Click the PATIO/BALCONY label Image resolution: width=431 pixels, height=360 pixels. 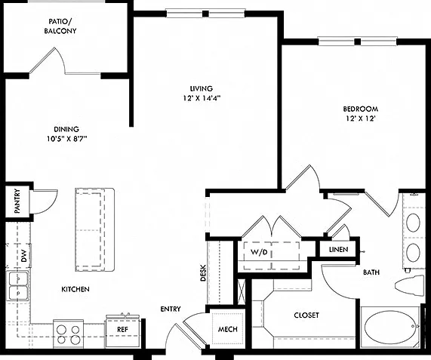point(60,26)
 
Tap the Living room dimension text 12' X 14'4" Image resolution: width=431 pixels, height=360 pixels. point(202,98)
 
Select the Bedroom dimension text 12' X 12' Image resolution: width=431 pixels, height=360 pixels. point(361,118)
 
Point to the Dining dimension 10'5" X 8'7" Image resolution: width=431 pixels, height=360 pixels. point(66,139)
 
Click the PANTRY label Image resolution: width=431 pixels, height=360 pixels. point(17,201)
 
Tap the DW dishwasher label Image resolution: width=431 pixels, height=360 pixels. point(24,255)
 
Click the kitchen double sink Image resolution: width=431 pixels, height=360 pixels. point(17,285)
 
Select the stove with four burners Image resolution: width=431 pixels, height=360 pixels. point(68,334)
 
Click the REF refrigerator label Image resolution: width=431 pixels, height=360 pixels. point(122,329)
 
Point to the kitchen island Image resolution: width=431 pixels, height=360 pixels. point(94,229)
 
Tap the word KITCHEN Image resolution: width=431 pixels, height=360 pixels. point(75,289)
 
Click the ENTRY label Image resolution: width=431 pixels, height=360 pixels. point(171,309)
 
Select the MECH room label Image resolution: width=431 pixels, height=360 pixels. point(228,329)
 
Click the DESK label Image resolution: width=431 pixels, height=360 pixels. point(203,273)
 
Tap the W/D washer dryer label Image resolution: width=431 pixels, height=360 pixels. point(259,252)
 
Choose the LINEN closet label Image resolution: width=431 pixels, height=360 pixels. point(339,250)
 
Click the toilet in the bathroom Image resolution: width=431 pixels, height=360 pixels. point(410,285)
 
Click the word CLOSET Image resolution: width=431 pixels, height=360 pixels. point(306,315)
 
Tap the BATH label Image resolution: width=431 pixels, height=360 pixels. point(371,272)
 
